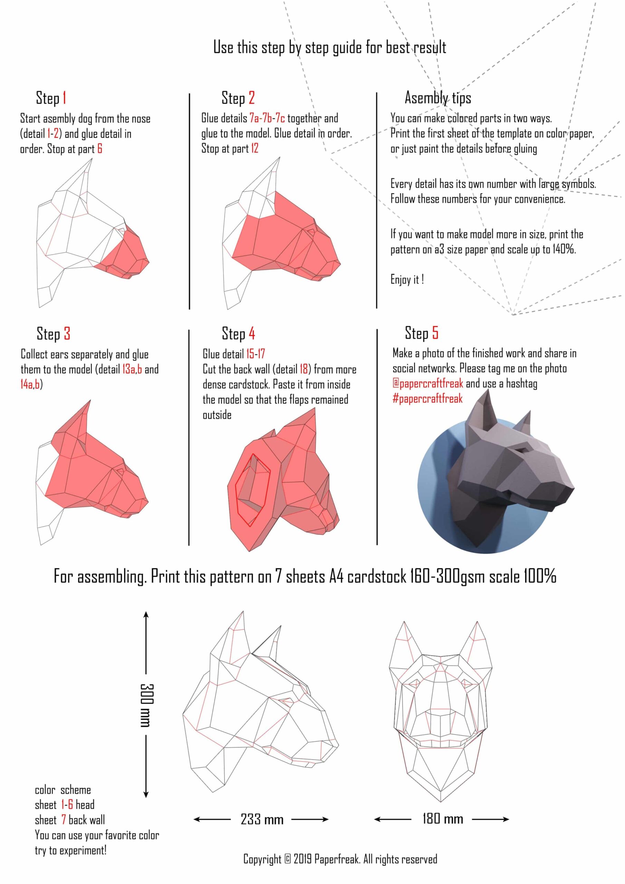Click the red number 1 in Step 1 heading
64,98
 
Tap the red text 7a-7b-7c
267,118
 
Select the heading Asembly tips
437,98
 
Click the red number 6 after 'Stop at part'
100,148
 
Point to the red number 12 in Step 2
254,148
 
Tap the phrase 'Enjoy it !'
407,279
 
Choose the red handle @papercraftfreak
428,384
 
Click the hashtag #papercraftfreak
427,398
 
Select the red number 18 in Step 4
304,369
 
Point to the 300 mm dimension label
146,705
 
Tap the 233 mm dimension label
262,819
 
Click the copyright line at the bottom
340,859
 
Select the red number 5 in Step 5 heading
435,333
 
